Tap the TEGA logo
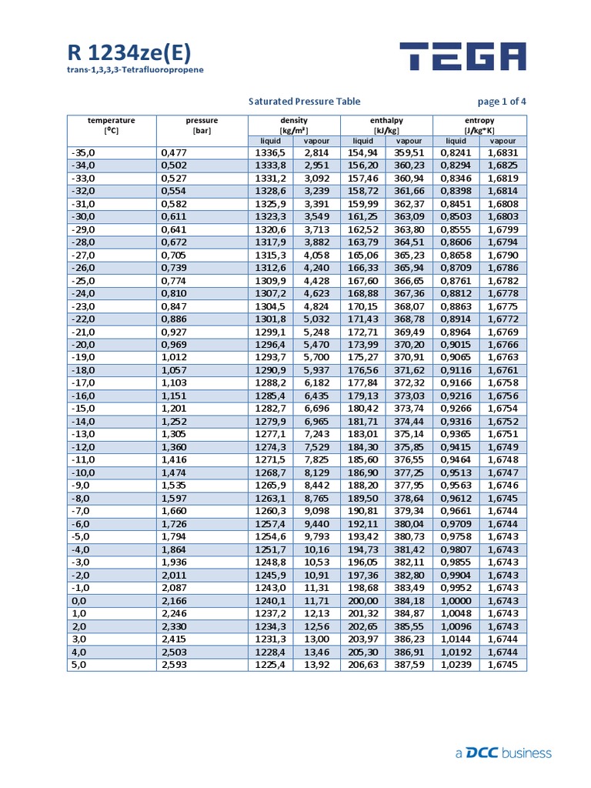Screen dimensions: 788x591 click(462, 57)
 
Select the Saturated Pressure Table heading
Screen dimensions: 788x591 click(304, 102)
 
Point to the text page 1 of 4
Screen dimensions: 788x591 click(502, 102)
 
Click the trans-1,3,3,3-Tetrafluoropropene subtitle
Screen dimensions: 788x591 click(135, 71)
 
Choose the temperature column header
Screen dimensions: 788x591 click(111, 125)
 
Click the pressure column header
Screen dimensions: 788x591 click(202, 125)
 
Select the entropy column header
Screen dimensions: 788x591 click(479, 125)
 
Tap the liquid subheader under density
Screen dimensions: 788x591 click(270, 141)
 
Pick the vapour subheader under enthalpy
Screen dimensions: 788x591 click(409, 141)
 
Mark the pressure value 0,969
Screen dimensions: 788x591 click(174, 345)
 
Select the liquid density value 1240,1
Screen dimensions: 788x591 click(270, 601)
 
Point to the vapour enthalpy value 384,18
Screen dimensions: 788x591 click(409, 601)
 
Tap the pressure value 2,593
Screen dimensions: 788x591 click(174, 665)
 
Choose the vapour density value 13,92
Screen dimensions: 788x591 click(316, 665)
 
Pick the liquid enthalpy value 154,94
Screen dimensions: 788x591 click(362, 152)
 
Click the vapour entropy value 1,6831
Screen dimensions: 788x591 click(503, 152)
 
